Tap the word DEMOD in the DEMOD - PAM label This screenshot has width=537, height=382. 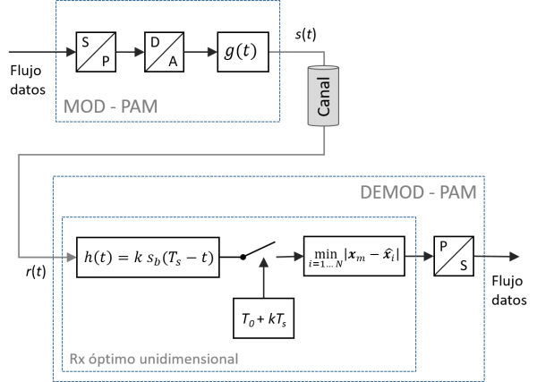pyautogui.click(x=390, y=191)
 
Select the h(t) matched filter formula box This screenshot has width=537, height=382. pyautogui.click(x=148, y=257)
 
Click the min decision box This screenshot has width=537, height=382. pyautogui.click(x=355, y=256)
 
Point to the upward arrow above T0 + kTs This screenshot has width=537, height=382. pyautogui.click(x=263, y=277)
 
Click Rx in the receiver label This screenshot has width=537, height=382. pyautogui.click(x=77, y=360)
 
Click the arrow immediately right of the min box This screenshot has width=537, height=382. pyautogui.click(x=422, y=257)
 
